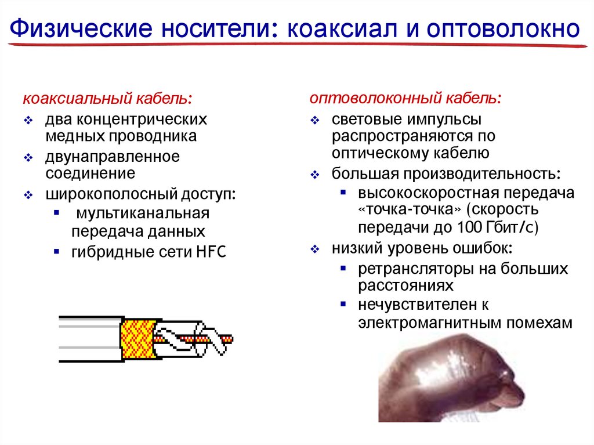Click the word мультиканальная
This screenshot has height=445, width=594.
[x=143, y=213]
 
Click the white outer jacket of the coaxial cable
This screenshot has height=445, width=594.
[x=90, y=339]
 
